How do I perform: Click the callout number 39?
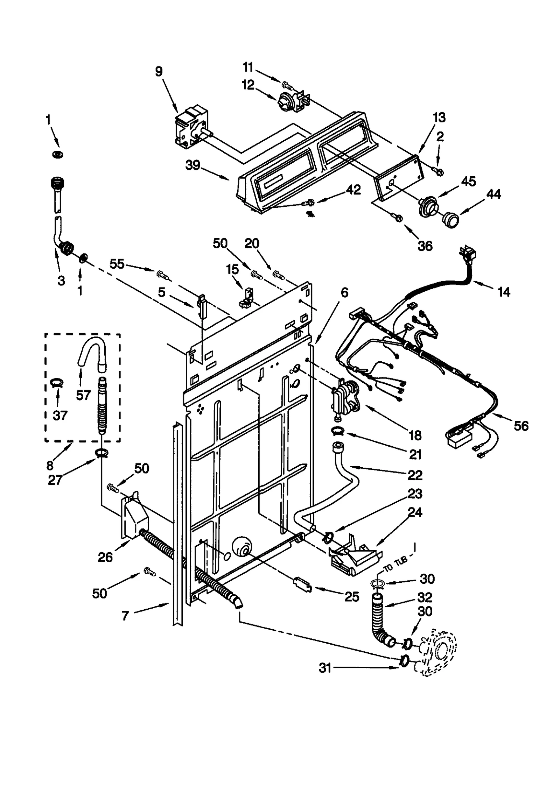(x=193, y=165)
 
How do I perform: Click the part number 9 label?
(x=159, y=72)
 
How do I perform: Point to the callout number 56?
(x=521, y=426)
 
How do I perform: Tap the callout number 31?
(x=325, y=668)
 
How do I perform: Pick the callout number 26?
(x=105, y=557)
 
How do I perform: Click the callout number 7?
(x=125, y=616)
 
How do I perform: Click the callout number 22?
(x=415, y=475)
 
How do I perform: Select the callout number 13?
(x=439, y=118)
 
